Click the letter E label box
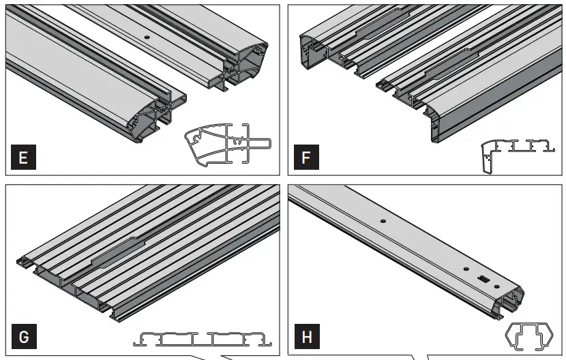24,159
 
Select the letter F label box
306,159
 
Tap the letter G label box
24,337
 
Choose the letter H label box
306,337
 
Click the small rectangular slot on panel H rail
483,278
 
